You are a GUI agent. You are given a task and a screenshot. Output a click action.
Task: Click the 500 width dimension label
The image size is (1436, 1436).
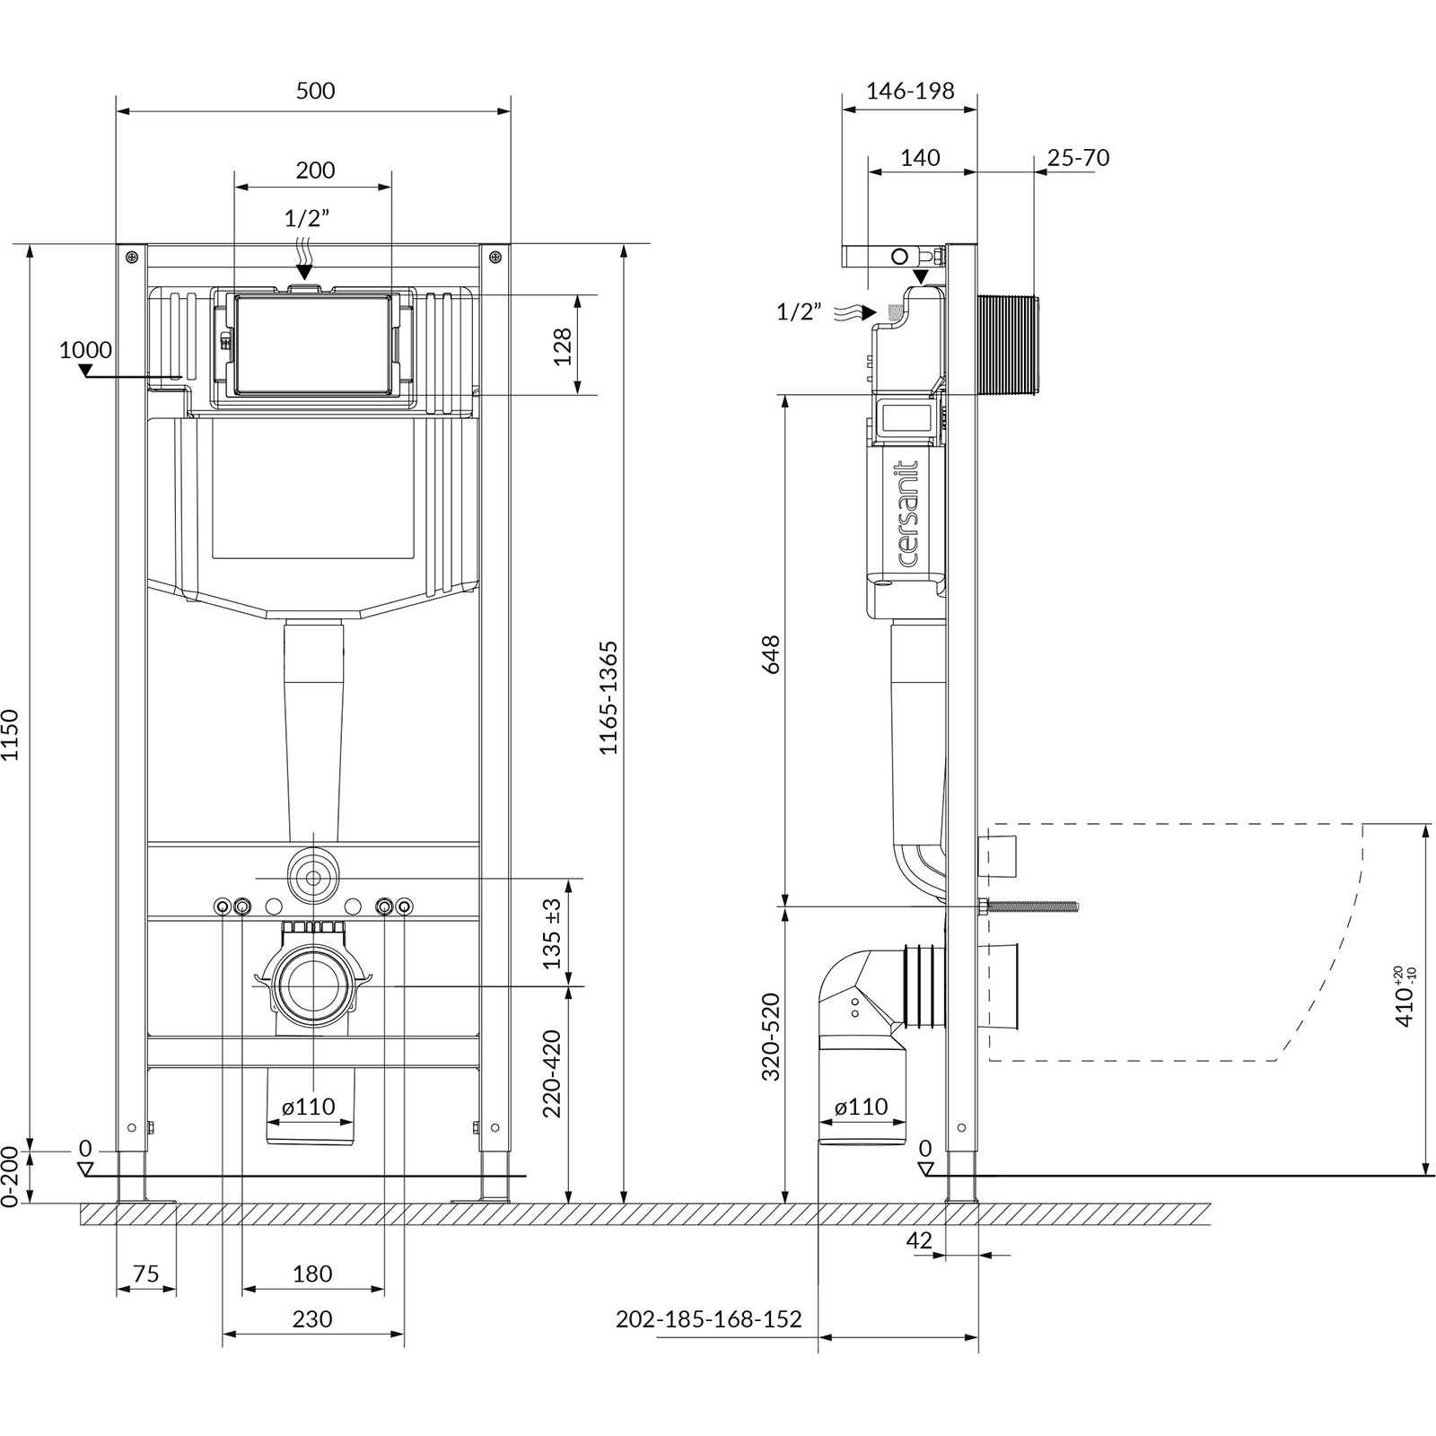click(315, 91)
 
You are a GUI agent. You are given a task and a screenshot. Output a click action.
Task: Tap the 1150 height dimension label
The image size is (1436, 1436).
click(10, 735)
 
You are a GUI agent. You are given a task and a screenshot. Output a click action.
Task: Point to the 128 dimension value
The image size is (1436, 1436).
click(563, 346)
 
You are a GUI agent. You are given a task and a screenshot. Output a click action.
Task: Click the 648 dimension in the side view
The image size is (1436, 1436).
click(771, 654)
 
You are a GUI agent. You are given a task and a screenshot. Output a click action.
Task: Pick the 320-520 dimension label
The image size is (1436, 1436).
click(771, 1037)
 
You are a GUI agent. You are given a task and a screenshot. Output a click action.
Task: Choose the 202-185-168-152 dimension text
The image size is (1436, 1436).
click(708, 1318)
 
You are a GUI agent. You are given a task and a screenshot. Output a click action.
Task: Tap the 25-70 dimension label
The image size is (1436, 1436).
click(1078, 158)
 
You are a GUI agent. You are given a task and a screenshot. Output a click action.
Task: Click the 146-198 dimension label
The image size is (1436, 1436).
click(910, 91)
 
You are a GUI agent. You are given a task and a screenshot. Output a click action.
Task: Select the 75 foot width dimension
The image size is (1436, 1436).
click(145, 1274)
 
